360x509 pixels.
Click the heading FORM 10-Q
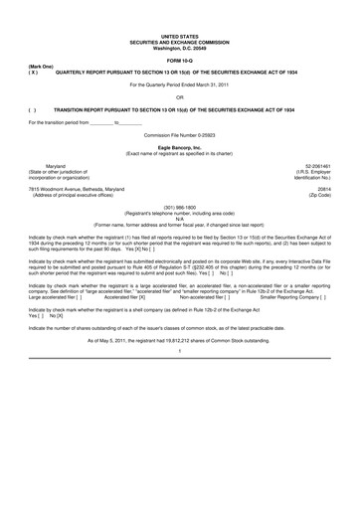pyautogui.click(x=180, y=62)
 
